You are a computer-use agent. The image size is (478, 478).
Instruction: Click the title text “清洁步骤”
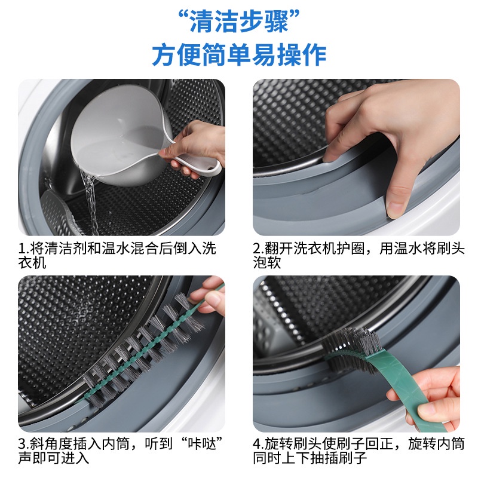[239, 22]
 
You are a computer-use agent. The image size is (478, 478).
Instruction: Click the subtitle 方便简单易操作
[239, 55]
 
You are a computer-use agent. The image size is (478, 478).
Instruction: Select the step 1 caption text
[117, 256]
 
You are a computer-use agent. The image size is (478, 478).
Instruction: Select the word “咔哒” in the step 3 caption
[201, 444]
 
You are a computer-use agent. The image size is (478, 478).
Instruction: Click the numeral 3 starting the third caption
[22, 444]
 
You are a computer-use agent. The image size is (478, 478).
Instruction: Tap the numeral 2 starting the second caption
[257, 249]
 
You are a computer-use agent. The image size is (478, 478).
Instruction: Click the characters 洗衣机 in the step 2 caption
[315, 249]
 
